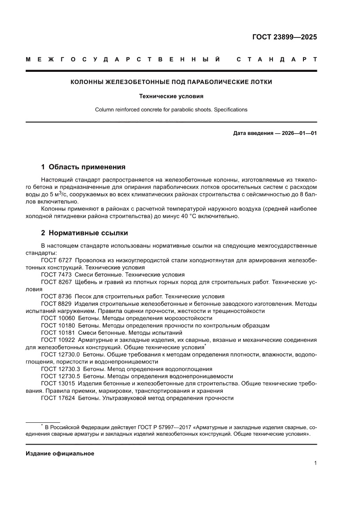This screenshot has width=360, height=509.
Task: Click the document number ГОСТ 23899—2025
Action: [285, 37]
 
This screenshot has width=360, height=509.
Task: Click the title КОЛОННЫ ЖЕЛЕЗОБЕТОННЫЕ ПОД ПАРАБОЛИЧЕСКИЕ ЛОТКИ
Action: [171, 82]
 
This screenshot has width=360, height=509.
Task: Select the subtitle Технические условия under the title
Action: [171, 96]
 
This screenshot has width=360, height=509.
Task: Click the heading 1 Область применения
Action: [83, 167]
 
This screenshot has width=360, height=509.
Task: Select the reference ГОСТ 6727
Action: [56, 260]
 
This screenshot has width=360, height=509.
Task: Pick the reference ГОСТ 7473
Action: [56, 275]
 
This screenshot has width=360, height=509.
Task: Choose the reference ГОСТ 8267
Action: [56, 282]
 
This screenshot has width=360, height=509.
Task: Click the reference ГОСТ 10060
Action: [57, 318]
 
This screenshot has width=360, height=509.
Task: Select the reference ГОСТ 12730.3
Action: [60, 369]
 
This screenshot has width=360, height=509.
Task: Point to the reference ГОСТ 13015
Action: [57, 383]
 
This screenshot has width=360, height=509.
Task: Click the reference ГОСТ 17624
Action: [57, 398]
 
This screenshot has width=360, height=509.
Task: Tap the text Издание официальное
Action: [60, 453]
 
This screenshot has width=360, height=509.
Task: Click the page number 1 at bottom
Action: [315, 463]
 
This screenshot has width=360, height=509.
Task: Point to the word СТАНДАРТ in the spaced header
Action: [276, 59]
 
